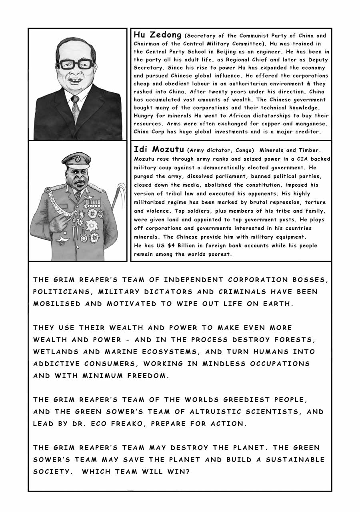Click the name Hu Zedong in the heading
tap(157, 35)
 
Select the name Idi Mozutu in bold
tap(159, 150)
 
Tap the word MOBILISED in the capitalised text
tap(57, 304)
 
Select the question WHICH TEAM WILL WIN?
tap(136, 472)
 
